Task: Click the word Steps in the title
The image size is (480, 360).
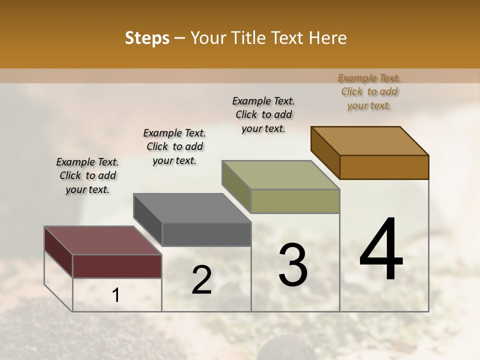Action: (x=147, y=38)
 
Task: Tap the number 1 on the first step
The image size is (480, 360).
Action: (x=116, y=295)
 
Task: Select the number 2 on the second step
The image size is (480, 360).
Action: (x=201, y=280)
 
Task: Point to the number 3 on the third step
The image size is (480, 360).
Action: (x=292, y=264)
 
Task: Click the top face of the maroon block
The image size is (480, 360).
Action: (x=102, y=240)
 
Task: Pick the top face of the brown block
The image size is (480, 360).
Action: (x=369, y=141)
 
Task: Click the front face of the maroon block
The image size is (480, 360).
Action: (x=117, y=266)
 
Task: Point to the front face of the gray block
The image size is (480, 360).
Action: (x=206, y=234)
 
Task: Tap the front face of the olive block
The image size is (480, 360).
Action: (x=295, y=201)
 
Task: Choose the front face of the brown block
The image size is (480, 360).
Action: (x=384, y=167)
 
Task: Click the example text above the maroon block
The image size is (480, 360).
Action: (x=87, y=175)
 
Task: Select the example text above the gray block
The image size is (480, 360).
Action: (x=174, y=146)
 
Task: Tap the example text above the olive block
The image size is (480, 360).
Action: (x=263, y=114)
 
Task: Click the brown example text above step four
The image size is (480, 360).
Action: (x=369, y=91)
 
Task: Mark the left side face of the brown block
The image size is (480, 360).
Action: (x=325, y=151)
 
